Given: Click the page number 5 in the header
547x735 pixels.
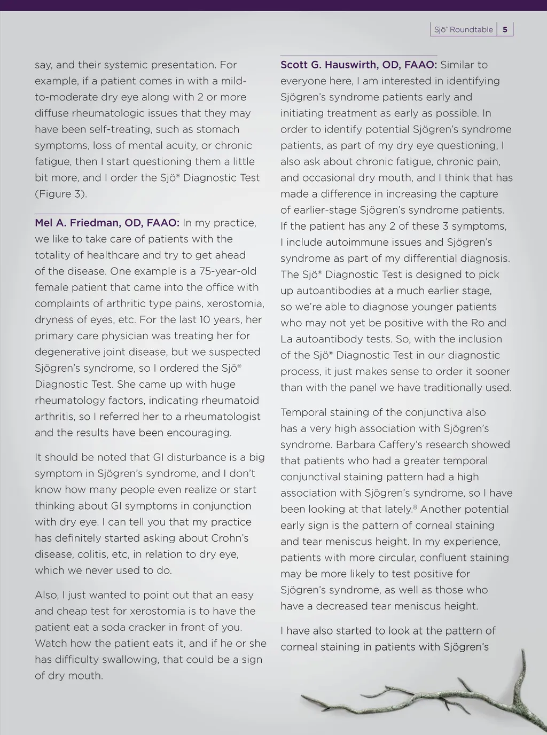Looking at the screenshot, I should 505,30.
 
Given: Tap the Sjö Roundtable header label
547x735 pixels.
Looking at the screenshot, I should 463,30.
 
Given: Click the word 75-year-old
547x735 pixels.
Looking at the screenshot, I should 228,271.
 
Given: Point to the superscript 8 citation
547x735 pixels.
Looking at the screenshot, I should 415,506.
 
